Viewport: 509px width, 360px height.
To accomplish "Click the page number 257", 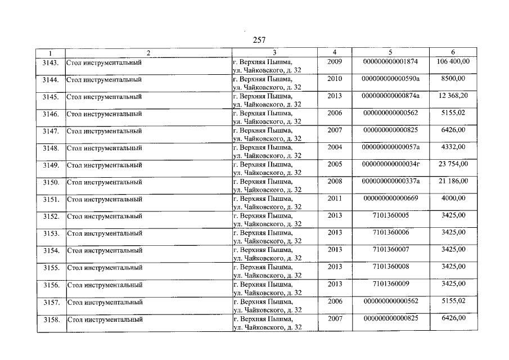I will point(259,40).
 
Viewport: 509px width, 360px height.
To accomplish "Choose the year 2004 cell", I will point(335,147).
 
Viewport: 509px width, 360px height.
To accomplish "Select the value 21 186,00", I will point(453,181).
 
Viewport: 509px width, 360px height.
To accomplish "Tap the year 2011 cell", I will point(335,198).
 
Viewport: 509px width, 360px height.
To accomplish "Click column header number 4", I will point(335,52).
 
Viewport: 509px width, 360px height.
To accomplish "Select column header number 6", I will point(453,52).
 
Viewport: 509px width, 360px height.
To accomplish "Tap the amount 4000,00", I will point(453,198).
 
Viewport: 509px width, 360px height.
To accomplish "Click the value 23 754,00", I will point(453,164).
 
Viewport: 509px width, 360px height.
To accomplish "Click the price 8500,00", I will point(453,79).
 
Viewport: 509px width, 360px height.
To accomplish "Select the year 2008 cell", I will point(335,181).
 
